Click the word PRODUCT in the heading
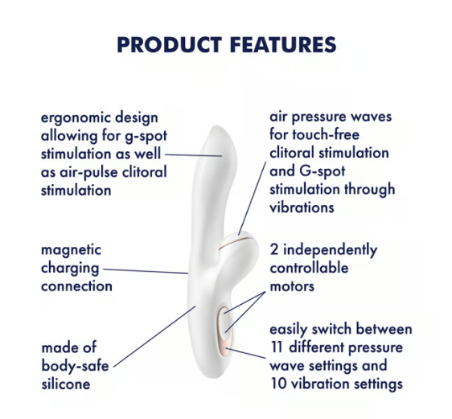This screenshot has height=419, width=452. [170, 45]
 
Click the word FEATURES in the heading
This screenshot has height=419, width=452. [283, 45]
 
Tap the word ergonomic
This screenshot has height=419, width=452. [74, 118]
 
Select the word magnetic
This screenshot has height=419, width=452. [72, 249]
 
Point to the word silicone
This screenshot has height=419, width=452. [66, 384]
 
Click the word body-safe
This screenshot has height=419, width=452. [75, 366]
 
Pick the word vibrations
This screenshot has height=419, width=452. [302, 207]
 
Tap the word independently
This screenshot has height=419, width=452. [330, 249]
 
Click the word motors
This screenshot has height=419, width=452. [292, 286]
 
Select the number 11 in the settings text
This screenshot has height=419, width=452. [277, 347]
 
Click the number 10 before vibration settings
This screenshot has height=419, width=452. [278, 384]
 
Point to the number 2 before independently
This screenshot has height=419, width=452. [274, 249]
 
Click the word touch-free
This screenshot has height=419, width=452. [326, 134]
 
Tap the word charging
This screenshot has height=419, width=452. [70, 269]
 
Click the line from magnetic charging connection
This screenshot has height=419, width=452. [146, 271]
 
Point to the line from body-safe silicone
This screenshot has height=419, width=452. [154, 336]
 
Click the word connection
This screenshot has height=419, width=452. [76, 286]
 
